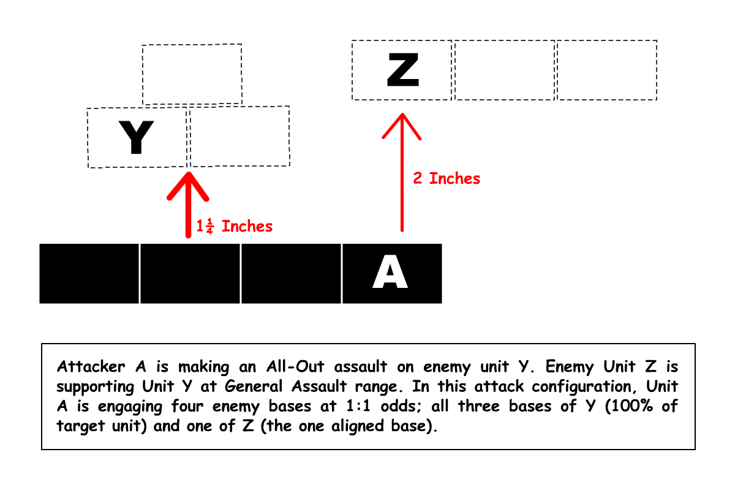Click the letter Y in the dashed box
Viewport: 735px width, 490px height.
pos(136,138)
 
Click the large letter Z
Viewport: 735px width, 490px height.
pos(402,70)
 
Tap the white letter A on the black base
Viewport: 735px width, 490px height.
pos(391,273)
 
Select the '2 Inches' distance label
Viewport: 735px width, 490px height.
pos(447,178)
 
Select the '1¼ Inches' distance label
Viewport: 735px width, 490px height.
pos(234,226)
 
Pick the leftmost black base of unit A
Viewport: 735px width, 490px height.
pos(89,273)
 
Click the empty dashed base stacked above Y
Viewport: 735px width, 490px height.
pos(192,74)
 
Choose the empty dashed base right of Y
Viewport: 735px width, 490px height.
pos(239,136)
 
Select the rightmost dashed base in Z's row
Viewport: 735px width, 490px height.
pos(606,70)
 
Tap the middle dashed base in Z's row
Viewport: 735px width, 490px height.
pos(504,70)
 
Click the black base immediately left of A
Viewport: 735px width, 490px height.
pos(291,273)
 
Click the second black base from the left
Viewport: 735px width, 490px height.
pos(190,273)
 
